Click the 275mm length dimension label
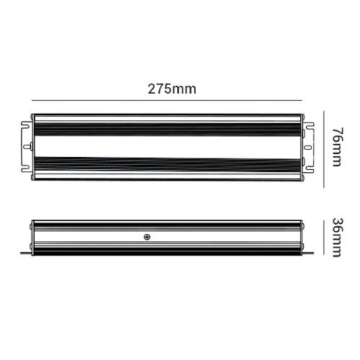tap(172, 89)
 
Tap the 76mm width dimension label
tap(338, 147)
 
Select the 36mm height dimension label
tap(338, 238)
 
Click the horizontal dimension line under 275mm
tap(167, 100)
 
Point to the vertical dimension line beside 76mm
tap(324, 149)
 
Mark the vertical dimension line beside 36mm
tap(324, 238)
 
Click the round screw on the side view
tap(147, 237)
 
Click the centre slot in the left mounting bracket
tap(25, 147)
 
